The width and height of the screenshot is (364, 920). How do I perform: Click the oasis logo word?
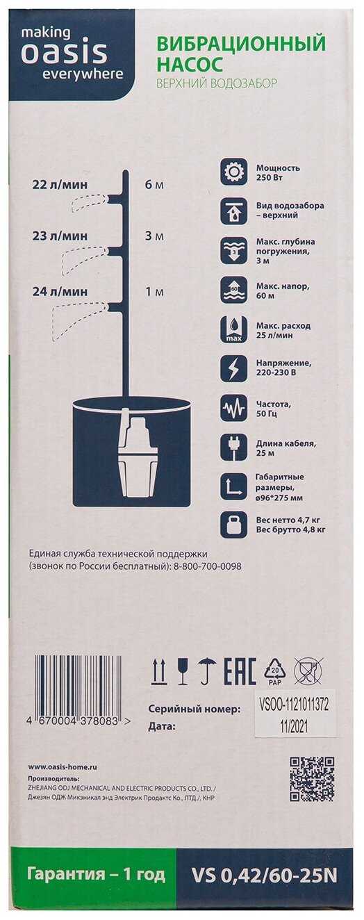coord(64,54)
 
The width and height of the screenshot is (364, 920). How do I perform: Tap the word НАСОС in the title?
coord(190,65)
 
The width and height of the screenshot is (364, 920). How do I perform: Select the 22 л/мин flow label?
coord(60,185)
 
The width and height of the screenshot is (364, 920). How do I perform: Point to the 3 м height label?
coord(154,236)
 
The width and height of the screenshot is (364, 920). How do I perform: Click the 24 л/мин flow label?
coord(60,292)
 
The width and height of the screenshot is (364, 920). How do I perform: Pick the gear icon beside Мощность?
coord(233,172)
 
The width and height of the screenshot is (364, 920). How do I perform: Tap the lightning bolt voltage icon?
coord(233,368)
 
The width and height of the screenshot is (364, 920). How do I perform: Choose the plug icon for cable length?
coord(233,447)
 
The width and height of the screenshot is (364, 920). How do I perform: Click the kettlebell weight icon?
coord(233,525)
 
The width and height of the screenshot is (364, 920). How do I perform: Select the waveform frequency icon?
coord(233,408)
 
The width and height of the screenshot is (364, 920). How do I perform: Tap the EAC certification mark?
coord(240,671)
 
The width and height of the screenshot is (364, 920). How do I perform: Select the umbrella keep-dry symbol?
coord(206,671)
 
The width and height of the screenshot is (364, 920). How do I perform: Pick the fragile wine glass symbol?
coord(183,671)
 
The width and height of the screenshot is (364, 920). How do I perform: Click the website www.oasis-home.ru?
coord(63,767)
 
